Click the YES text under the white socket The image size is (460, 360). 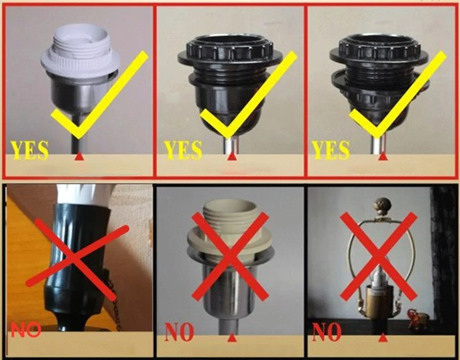click(29, 150)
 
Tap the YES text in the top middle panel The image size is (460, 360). click(183, 150)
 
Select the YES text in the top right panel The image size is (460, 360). click(331, 150)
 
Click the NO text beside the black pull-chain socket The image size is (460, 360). click(26, 330)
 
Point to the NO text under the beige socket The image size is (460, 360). click(180, 332)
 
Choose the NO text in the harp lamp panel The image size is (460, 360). click(327, 332)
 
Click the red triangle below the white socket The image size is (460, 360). click(79, 156)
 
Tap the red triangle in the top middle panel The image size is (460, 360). click(232, 156)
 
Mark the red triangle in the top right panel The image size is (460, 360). click(383, 156)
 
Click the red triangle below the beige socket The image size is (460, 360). click(232, 337)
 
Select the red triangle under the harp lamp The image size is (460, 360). click(383, 337)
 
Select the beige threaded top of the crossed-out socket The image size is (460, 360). click(230, 216)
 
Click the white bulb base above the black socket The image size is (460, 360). click(83, 194)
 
